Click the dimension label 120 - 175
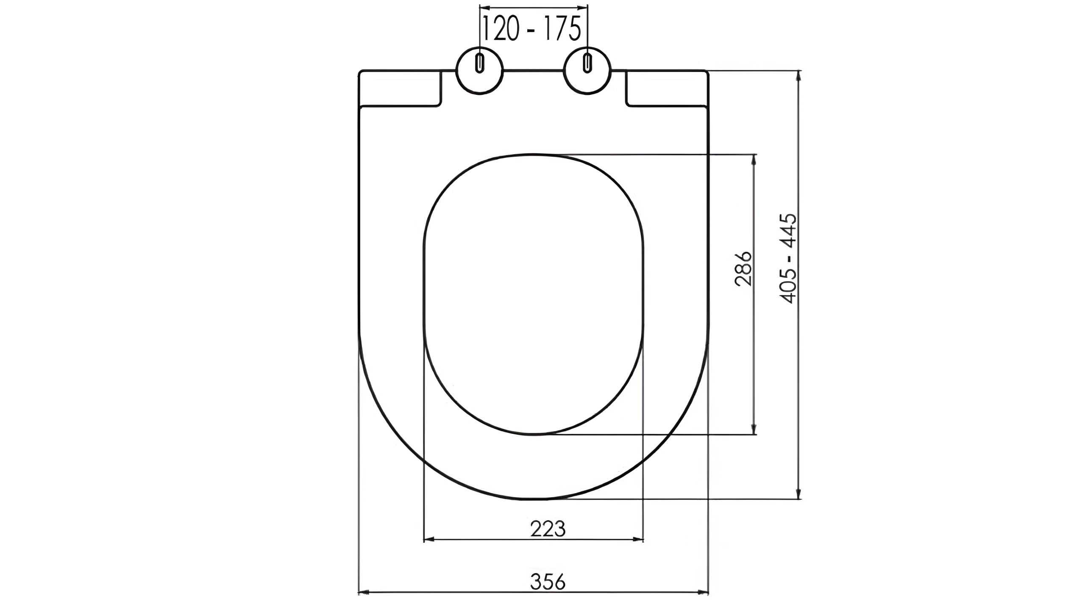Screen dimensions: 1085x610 click(x=532, y=29)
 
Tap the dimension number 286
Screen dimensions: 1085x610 click(x=743, y=269)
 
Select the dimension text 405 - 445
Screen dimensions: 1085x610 click(x=788, y=258)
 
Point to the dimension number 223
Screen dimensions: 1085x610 click(x=548, y=529)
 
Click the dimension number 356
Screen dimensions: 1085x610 click(x=548, y=582)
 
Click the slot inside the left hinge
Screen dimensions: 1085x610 click(x=479, y=63)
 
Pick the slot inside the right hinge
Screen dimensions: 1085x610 click(x=587, y=63)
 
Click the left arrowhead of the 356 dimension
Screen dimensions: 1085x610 click(x=364, y=592)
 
